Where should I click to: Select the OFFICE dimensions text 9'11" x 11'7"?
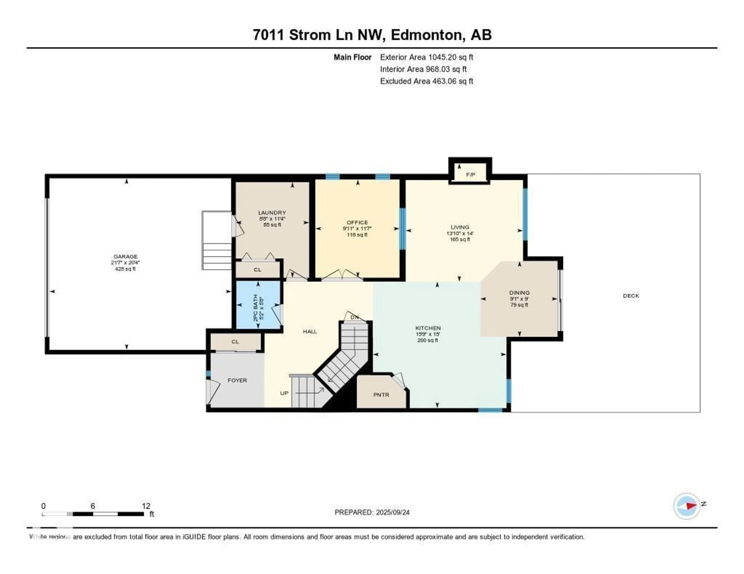click(357, 229)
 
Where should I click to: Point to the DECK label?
click(631, 296)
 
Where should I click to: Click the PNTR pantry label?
click(381, 395)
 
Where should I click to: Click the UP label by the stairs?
click(284, 393)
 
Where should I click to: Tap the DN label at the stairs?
click(355, 317)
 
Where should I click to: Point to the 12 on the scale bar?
click(146, 506)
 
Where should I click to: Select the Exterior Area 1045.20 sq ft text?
click(426, 57)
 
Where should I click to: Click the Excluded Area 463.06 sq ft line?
click(426, 81)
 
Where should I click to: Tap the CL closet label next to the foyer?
click(235, 342)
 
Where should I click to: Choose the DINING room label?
click(519, 293)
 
